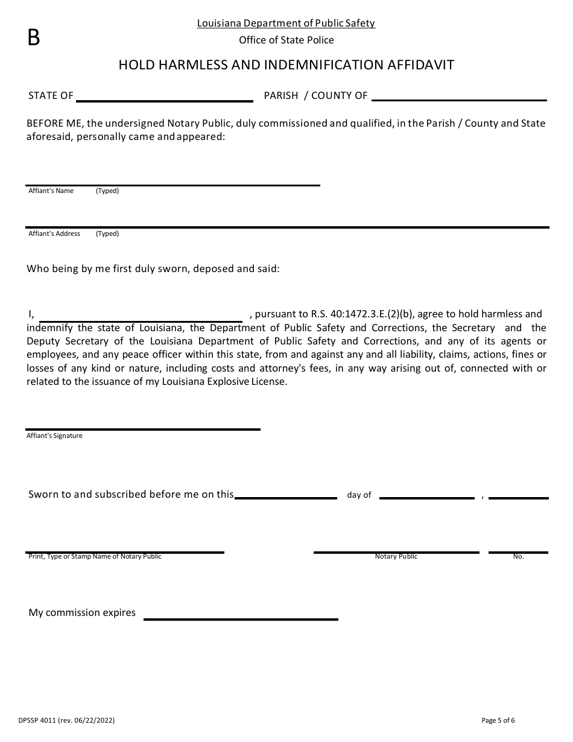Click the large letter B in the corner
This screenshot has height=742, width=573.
(34, 38)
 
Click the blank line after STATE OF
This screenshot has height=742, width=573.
(164, 100)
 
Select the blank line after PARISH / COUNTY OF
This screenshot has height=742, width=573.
(459, 100)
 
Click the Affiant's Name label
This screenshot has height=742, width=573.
(51, 191)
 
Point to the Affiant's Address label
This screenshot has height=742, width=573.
(54, 233)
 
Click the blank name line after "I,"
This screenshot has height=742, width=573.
(141, 322)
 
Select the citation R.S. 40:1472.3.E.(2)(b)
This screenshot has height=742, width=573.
(362, 314)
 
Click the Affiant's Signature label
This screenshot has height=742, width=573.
(54, 436)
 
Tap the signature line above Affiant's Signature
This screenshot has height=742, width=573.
(142, 429)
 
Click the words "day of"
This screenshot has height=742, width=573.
(359, 495)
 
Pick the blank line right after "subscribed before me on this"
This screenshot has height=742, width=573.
(286, 498)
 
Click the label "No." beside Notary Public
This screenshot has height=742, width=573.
(518, 556)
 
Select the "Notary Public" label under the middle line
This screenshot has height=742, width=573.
(396, 556)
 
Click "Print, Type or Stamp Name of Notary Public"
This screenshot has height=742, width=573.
(95, 556)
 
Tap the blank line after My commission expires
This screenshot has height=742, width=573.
(240, 619)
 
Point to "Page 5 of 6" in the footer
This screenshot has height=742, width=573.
(498, 720)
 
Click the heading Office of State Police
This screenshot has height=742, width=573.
(286, 40)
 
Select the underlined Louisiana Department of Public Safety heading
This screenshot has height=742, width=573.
(286, 24)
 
